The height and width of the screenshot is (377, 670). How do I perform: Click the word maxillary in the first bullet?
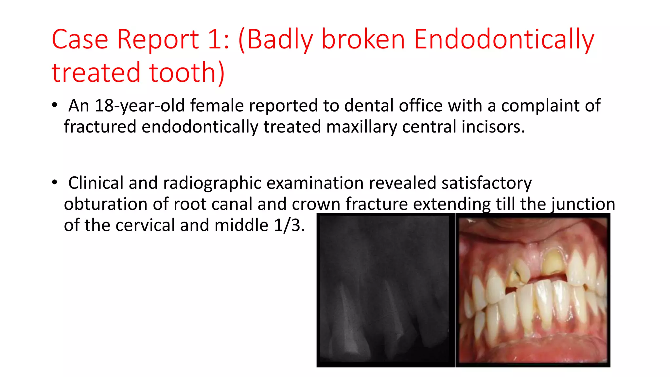[361, 127]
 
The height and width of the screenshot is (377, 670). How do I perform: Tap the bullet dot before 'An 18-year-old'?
[55, 105]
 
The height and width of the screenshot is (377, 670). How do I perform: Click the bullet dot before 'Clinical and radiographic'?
[55, 183]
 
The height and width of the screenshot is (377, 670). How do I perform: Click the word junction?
[583, 204]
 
